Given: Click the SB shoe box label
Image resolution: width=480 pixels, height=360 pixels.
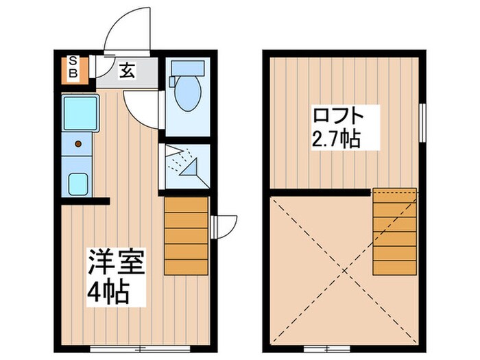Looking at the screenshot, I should (x=73, y=67).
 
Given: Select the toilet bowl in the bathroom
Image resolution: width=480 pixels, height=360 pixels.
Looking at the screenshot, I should (x=186, y=95).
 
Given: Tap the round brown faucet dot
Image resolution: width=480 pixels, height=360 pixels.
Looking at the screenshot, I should (x=78, y=143).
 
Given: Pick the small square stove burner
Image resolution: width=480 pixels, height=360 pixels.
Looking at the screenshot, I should (x=77, y=183).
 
